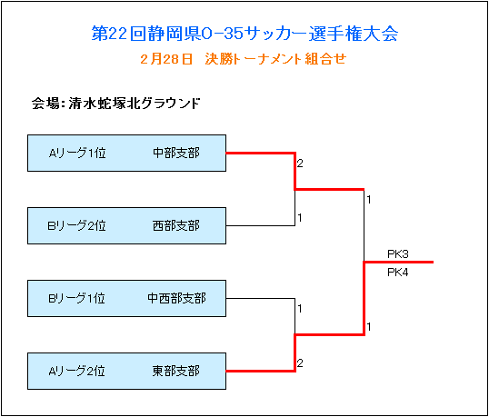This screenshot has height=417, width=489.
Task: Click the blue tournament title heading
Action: [244, 34]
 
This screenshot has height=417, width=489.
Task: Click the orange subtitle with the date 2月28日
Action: [244, 59]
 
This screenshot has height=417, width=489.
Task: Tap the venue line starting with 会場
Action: [115, 104]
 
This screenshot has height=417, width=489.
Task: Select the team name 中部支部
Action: [176, 153]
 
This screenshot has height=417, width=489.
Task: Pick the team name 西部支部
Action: [176, 225]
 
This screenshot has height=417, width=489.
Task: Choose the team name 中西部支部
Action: [176, 298]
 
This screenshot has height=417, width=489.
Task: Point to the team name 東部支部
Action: [176, 371]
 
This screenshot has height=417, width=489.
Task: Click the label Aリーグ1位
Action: [77, 153]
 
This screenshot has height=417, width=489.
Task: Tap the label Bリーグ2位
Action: [76, 225]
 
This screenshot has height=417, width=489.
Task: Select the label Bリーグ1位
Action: [76, 298]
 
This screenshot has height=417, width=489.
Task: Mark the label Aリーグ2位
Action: [76, 371]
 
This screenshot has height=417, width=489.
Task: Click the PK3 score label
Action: [398, 254]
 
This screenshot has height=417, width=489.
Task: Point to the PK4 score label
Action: [398, 273]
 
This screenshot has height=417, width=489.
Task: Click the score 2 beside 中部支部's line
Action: [300, 164]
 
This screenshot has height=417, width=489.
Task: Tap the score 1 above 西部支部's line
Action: [300, 218]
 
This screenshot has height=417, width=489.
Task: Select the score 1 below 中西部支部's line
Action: [300, 309]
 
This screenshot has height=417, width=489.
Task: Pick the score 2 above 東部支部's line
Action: [300, 363]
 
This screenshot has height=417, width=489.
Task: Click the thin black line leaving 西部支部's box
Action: [260, 225]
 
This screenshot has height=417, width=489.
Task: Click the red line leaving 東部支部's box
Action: [260, 372]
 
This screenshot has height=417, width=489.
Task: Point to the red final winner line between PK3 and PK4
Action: [399, 263]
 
